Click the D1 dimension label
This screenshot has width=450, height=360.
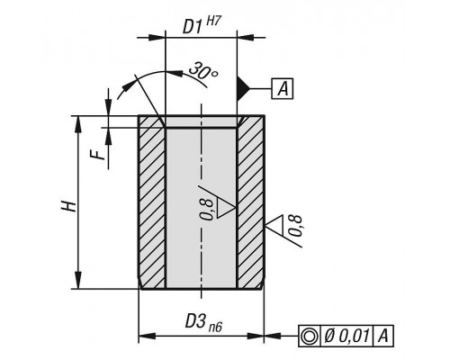192,28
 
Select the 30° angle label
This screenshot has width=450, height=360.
202,71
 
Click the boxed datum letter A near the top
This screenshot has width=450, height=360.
283,89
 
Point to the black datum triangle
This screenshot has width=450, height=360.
243,88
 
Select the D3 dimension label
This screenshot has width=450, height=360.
195,321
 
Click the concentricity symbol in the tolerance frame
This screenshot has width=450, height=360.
310,336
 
